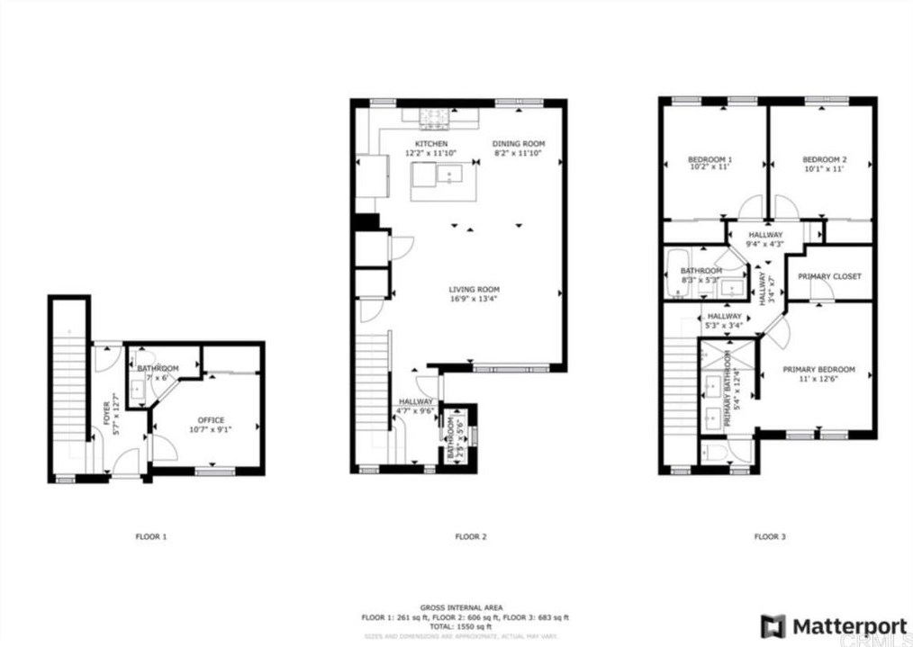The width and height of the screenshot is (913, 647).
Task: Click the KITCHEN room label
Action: (x=430, y=144)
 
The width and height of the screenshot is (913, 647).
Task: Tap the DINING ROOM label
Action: (x=519, y=144)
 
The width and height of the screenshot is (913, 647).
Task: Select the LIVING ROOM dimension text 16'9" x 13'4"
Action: (x=474, y=299)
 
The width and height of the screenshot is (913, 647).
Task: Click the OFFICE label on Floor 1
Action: (x=211, y=420)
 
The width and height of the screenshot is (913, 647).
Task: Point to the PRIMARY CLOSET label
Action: (x=830, y=276)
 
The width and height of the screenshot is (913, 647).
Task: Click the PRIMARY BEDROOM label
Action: (x=818, y=370)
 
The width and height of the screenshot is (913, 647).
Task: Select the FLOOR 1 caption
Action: (x=151, y=536)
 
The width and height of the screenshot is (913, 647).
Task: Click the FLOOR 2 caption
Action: (x=471, y=536)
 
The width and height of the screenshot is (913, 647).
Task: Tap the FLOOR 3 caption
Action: (x=770, y=536)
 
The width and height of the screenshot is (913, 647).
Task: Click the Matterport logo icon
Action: (x=773, y=625)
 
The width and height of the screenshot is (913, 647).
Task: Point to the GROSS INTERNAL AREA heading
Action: (x=461, y=608)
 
